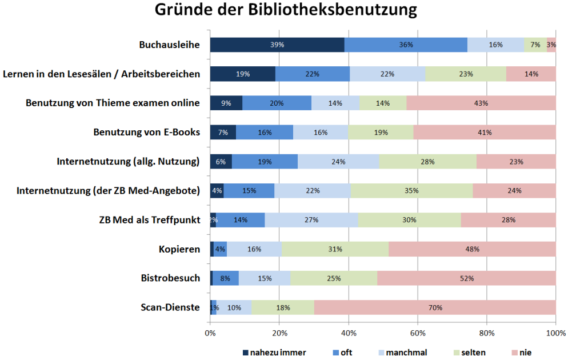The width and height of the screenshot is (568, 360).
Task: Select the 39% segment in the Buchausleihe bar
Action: pos(277,45)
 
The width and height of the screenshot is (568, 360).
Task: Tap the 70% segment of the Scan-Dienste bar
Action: pos(435,307)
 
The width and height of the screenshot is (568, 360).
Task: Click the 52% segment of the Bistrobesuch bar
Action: pos(466,278)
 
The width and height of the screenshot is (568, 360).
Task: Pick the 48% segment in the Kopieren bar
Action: pos(472,249)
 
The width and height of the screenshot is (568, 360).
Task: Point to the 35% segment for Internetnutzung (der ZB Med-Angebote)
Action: pos(411,191)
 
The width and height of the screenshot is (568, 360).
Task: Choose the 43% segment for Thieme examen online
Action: pos(481,103)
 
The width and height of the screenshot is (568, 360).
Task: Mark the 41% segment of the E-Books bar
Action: pos(485,133)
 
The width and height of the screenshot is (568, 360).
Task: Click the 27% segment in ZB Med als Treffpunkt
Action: pos(311,220)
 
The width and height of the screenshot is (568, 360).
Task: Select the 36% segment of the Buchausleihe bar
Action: pos(406,45)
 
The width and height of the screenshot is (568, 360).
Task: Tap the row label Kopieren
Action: pos(179,249)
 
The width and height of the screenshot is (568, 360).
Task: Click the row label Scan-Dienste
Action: pos(170,307)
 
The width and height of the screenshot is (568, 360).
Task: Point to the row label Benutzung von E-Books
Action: pos(146,133)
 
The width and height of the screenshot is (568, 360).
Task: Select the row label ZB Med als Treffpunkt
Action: pos(150,220)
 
